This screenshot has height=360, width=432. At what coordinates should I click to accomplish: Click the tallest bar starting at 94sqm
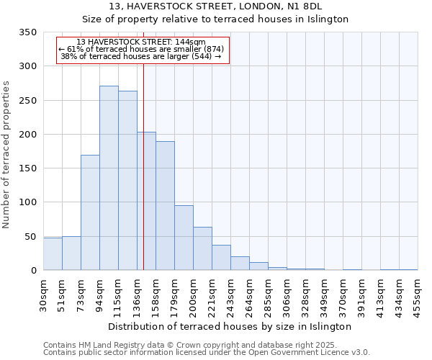tap(109, 178)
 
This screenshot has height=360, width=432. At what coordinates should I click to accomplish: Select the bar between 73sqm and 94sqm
tap(90, 212)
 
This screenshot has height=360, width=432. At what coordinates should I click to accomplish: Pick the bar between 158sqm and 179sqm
tap(165, 206)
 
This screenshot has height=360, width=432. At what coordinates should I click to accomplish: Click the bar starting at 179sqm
tap(184, 238)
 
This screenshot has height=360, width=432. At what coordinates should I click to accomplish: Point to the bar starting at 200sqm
tap(202, 248)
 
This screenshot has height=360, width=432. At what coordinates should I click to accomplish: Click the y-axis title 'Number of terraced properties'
tap(6, 155)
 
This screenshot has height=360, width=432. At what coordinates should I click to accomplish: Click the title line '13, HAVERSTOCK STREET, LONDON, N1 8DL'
tap(215, 6)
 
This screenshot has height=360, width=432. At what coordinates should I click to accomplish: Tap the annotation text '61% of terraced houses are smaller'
tap(142, 49)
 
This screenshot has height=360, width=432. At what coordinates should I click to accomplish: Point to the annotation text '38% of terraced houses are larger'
tap(140, 56)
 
